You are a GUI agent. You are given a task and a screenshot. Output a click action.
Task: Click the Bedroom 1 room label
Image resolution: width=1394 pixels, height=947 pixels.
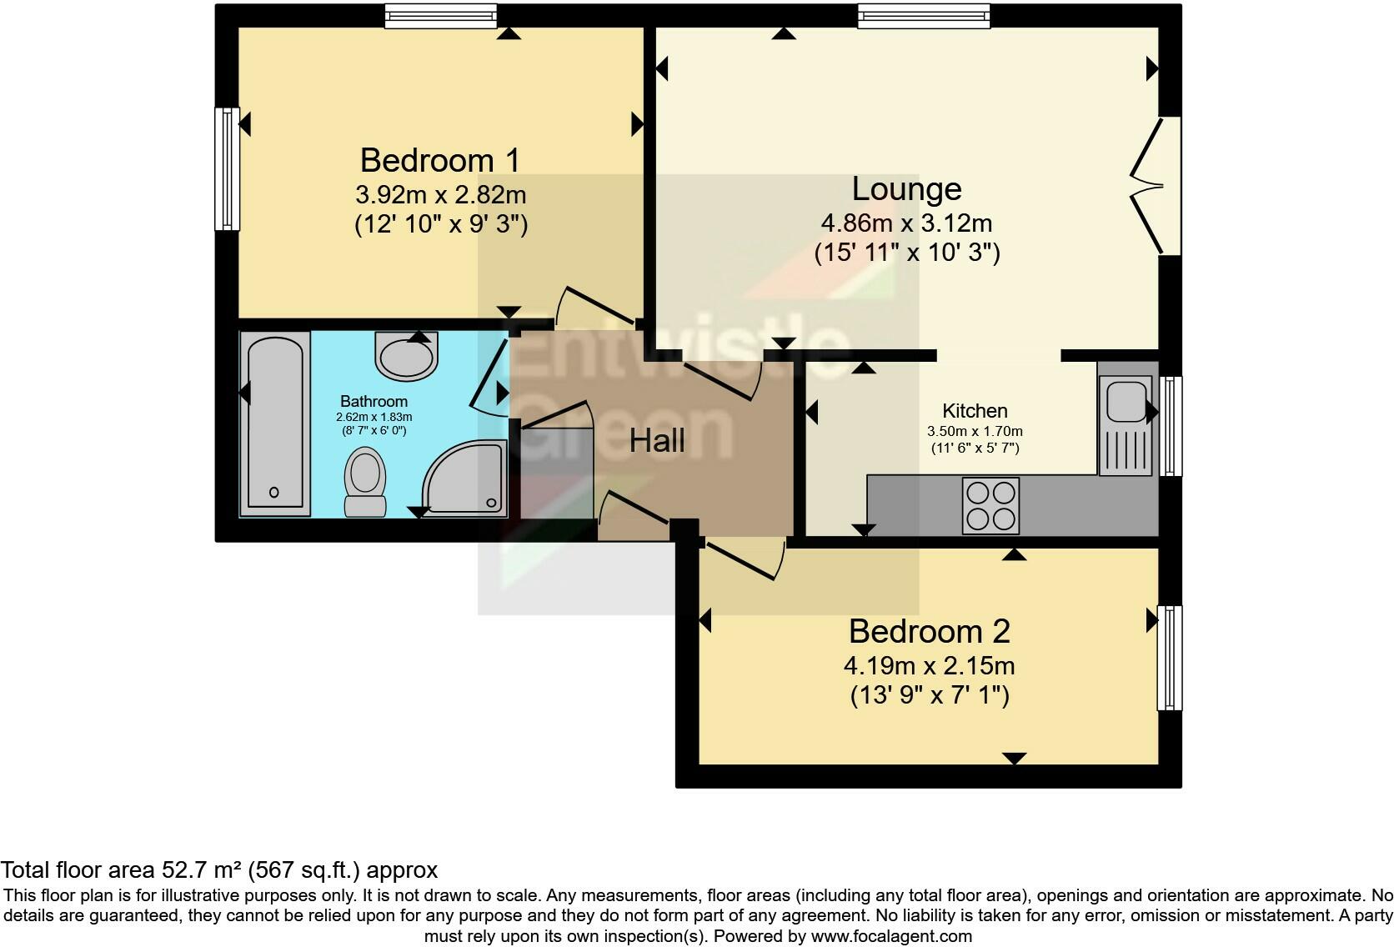[440, 159]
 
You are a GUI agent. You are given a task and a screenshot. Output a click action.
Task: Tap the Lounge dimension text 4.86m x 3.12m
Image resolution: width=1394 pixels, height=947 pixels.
[906, 223]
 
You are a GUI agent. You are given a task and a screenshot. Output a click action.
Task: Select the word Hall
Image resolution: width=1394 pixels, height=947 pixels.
[657, 440]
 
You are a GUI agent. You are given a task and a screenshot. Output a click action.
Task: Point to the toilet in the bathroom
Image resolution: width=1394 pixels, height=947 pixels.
[365, 482]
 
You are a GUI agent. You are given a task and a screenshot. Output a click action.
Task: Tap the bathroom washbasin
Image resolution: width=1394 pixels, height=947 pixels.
[406, 357]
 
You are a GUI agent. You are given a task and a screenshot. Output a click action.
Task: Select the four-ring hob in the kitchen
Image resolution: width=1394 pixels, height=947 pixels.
[990, 505]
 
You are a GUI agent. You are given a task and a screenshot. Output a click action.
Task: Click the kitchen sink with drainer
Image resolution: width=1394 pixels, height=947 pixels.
[1125, 425]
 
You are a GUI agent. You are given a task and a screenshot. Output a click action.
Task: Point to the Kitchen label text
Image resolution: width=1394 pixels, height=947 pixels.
[975, 411]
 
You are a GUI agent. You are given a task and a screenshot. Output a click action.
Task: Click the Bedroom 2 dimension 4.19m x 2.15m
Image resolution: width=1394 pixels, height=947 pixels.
[929, 666]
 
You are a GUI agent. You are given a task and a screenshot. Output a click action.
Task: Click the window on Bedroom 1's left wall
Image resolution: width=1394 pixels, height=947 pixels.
[227, 168]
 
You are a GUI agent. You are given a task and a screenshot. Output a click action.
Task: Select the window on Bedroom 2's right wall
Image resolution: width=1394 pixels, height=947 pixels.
[1170, 658]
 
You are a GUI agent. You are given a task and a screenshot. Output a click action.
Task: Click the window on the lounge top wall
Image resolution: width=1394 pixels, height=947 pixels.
[924, 16]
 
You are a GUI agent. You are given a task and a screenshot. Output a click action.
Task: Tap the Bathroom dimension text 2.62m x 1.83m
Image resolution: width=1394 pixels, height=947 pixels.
[374, 417]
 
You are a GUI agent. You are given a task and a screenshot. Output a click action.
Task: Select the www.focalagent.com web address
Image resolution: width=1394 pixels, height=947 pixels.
[890, 936]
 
